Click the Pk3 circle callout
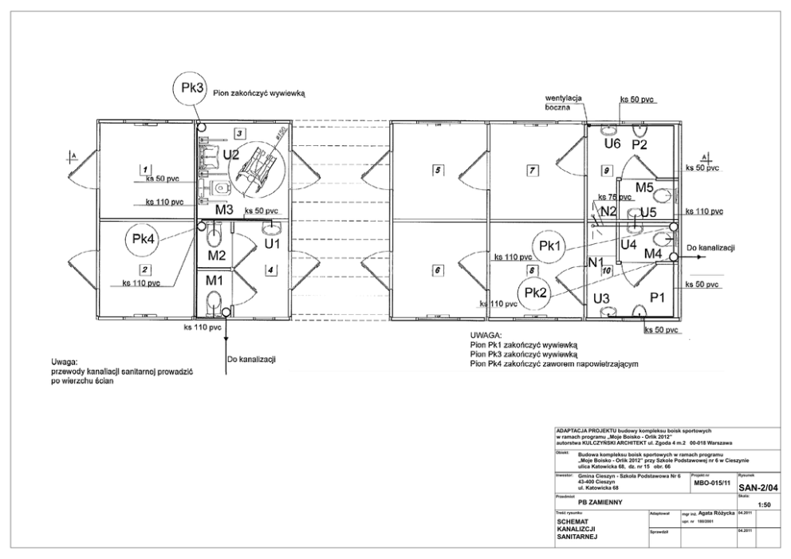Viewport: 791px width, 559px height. pos(192,89)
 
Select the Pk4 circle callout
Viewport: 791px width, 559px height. pos(143,239)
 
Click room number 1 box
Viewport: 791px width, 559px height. pos(144,170)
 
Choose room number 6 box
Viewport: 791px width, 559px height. pos(437,270)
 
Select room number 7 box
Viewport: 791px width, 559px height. pos(533,170)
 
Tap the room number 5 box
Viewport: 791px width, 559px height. pos(437,170)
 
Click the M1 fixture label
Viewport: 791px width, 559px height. pos(214,281)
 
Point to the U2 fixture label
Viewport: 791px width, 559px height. pos(231,154)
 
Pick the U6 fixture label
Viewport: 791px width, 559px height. pos(612,144)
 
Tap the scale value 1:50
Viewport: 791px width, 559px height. pos(764,505)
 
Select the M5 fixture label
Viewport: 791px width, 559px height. pos(644,188)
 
